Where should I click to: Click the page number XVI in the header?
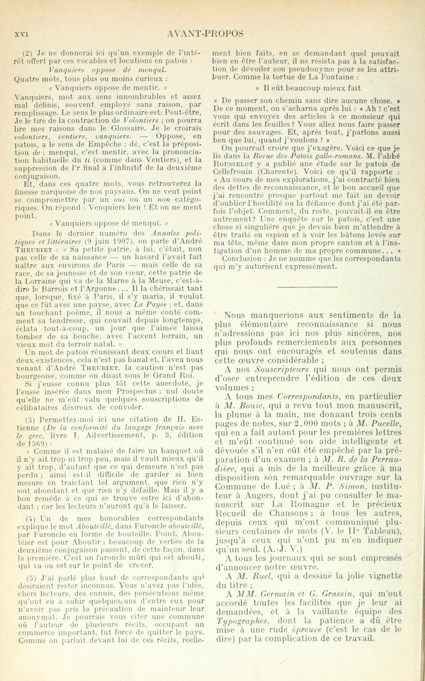click(21, 34)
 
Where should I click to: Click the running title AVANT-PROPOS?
click(205, 34)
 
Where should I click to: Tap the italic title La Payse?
click(149, 294)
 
